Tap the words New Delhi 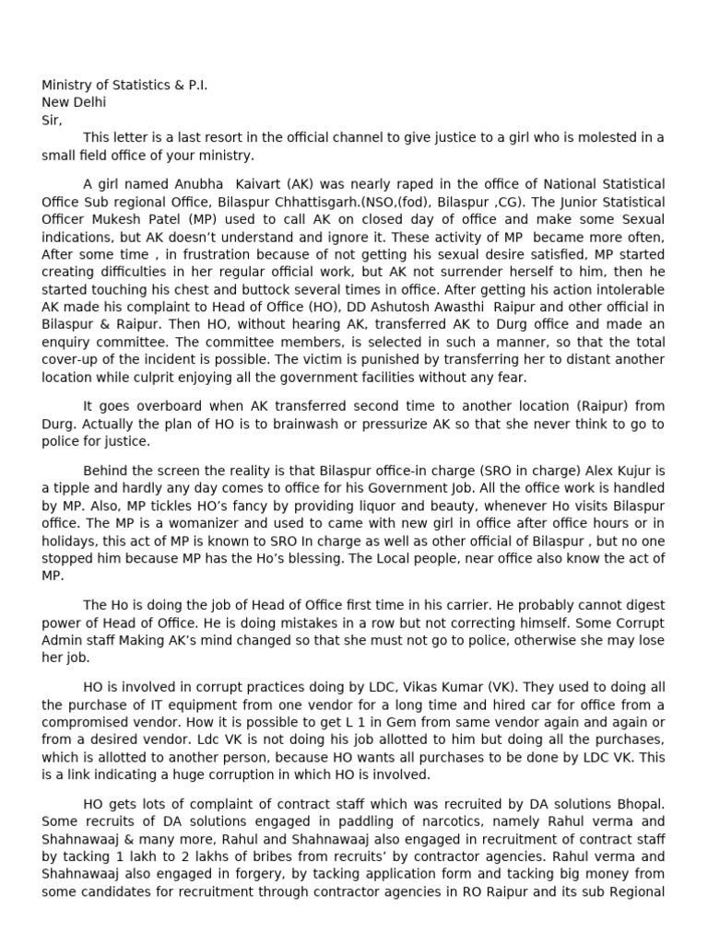pyautogui.click(x=74, y=102)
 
